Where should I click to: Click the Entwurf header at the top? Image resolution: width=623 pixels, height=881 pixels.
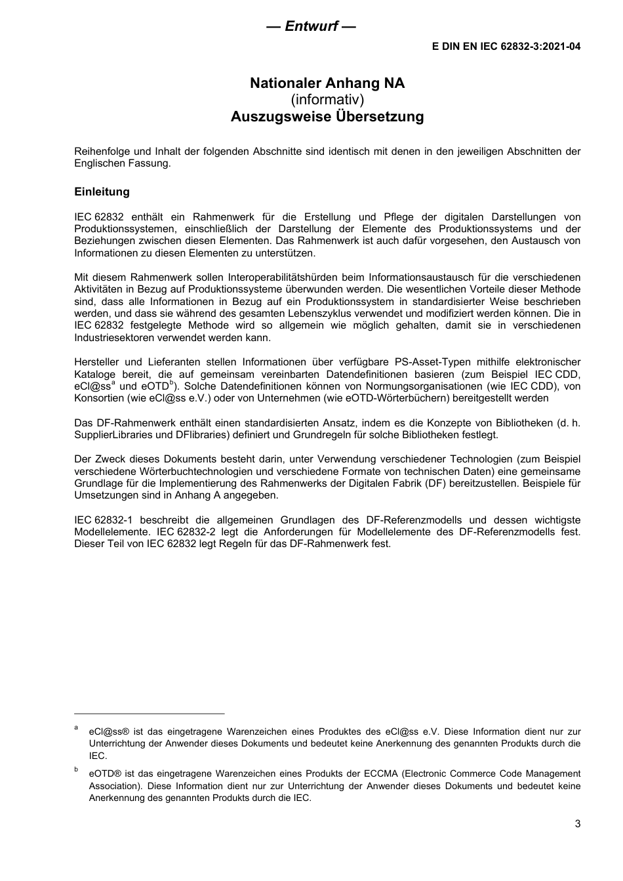(x=311, y=26)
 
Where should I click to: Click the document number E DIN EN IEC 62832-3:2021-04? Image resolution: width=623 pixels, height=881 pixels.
(x=506, y=47)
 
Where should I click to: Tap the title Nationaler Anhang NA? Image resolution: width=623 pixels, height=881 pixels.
(x=327, y=83)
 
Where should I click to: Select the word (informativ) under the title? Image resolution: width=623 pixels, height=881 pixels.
(x=327, y=100)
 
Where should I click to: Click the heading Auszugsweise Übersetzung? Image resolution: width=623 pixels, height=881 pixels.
(x=327, y=117)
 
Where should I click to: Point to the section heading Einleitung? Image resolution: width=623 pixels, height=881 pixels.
(x=102, y=192)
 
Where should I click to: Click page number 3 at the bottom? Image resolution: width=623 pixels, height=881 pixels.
(x=577, y=825)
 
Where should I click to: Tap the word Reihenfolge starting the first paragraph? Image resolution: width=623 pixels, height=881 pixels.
(x=101, y=152)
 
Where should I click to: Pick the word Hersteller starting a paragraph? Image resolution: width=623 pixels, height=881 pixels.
(x=97, y=362)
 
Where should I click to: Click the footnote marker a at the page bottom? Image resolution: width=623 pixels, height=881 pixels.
(x=76, y=727)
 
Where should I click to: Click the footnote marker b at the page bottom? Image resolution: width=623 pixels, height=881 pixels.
(x=76, y=769)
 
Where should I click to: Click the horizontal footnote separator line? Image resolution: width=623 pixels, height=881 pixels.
(x=150, y=713)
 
